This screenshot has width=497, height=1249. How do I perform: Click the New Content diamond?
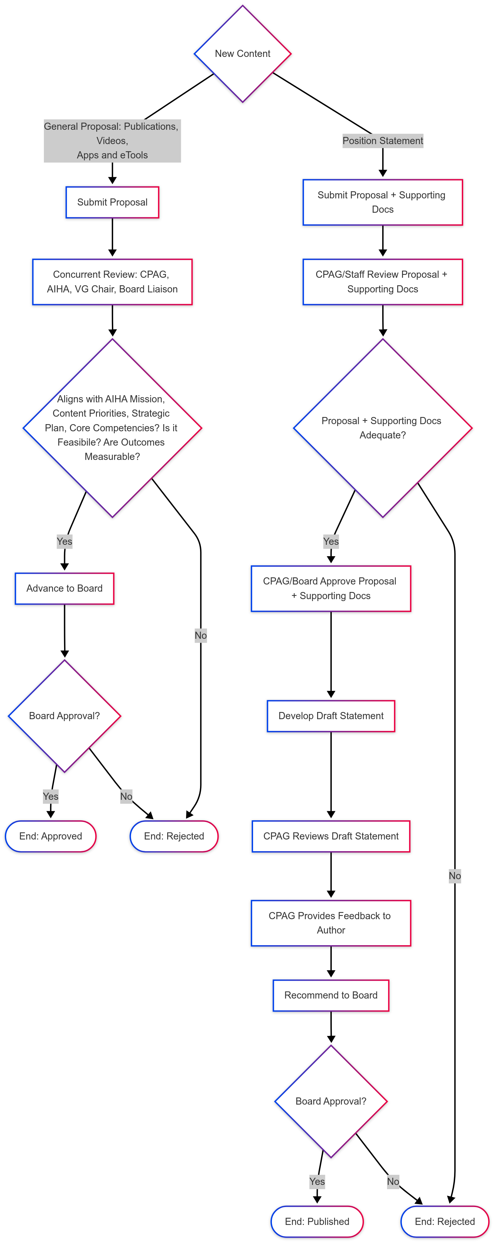(x=242, y=54)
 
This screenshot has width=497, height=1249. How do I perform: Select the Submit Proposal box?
(x=113, y=202)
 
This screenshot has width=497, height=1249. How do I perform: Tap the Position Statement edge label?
(x=383, y=141)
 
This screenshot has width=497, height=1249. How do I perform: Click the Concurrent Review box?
(x=113, y=282)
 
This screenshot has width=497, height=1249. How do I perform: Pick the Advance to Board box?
(x=64, y=588)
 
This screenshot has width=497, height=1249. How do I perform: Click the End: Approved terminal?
(x=50, y=836)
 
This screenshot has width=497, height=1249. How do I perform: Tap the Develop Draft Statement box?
(x=331, y=716)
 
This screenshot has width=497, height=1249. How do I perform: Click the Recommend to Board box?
(x=331, y=995)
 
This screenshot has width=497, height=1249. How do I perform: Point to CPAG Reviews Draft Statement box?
(x=331, y=836)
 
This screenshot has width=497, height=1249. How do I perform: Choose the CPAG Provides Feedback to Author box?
(x=331, y=923)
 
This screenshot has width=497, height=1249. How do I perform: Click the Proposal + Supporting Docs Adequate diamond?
(x=383, y=428)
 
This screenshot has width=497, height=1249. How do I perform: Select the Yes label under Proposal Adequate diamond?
(x=331, y=541)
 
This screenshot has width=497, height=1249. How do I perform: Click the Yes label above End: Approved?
(x=50, y=796)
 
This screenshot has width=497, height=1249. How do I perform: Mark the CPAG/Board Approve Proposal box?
(x=331, y=588)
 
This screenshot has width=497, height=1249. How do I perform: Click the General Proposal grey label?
(x=112, y=141)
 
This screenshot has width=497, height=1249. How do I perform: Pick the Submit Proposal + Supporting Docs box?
(x=383, y=202)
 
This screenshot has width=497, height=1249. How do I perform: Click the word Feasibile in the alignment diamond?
(x=76, y=442)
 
